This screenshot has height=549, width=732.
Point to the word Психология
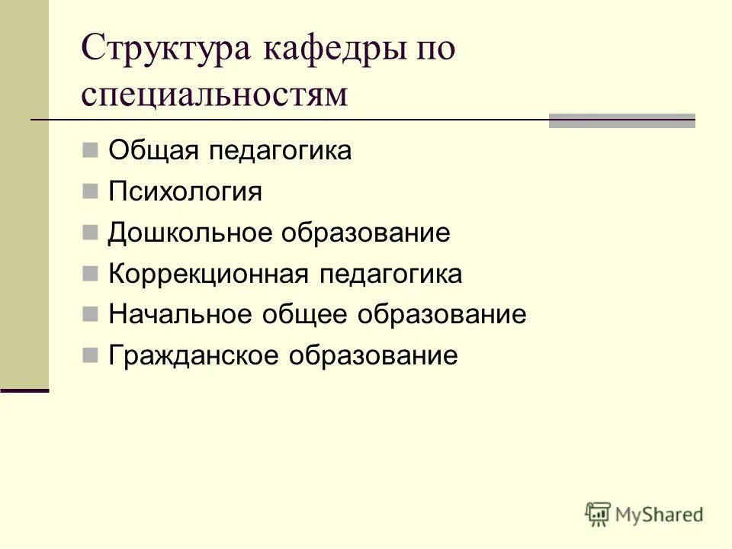pyautogui.click(x=185, y=191)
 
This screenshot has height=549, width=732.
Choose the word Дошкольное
pyautogui.click(x=191, y=233)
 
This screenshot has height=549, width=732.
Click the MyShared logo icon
pyautogui.click(x=598, y=514)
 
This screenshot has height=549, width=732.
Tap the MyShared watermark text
pyautogui.click(x=660, y=515)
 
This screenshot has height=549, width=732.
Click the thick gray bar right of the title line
pyautogui.click(x=622, y=120)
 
